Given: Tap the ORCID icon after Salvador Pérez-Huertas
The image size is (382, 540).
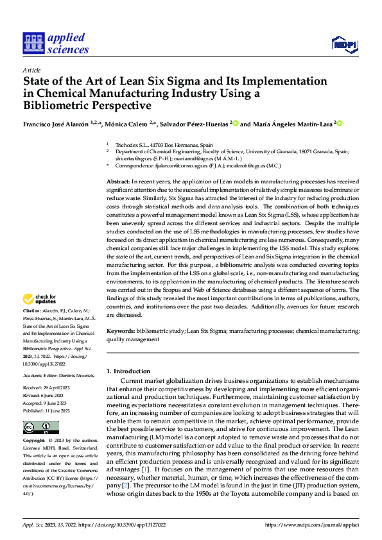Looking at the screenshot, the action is (236, 124).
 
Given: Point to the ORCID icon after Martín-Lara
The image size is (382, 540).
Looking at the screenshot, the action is (340, 124).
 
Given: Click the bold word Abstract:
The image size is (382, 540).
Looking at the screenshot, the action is (120, 183).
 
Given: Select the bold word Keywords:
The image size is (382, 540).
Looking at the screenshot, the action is (121, 331).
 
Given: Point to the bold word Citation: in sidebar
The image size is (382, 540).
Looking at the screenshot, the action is (33, 310).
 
